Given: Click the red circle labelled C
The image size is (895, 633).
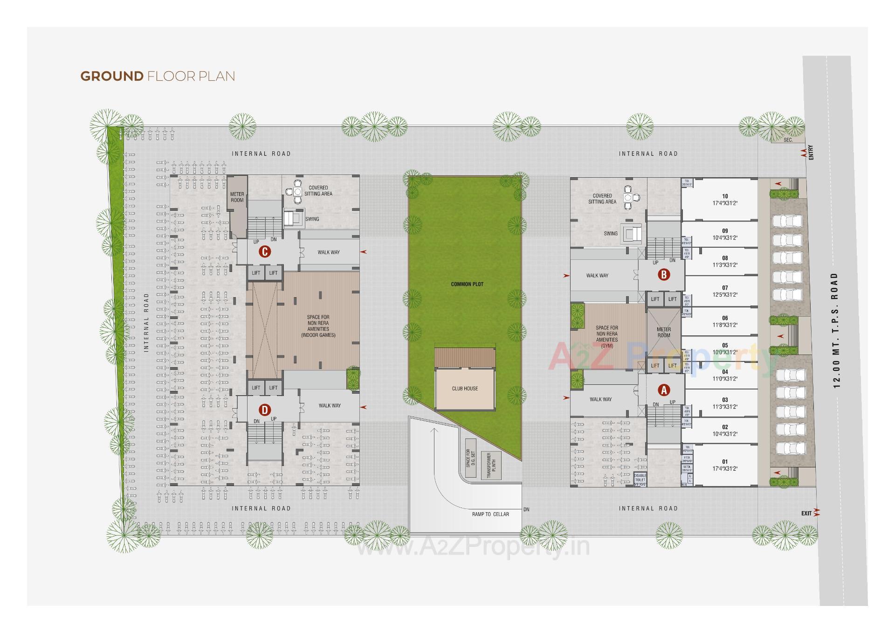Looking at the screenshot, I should [x=264, y=252].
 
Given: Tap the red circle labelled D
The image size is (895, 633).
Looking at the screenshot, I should [x=264, y=410].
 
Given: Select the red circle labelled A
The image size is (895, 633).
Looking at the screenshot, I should [x=663, y=390].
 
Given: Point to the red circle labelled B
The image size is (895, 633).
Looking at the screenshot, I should [x=663, y=275].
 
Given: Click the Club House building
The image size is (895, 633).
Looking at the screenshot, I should [x=465, y=388].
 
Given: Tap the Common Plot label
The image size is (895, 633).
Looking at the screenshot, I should [x=467, y=284].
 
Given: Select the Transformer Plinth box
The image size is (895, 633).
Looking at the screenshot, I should [x=491, y=465].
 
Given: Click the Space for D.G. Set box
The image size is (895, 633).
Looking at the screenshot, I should [x=470, y=458].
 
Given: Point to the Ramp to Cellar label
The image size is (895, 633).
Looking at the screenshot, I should [x=490, y=514].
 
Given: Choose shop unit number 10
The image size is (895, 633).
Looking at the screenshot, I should [x=724, y=200].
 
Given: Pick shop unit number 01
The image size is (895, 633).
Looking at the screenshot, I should [x=724, y=465].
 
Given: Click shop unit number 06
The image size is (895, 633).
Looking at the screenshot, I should [x=724, y=321].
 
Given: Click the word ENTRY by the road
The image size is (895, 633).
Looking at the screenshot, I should [x=811, y=153].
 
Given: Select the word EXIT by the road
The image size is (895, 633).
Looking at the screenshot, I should [x=806, y=513].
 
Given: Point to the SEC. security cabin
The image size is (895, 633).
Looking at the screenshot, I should [x=788, y=140].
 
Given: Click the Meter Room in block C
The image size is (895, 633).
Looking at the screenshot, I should [x=237, y=197].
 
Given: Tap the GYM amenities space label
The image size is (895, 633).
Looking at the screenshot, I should [x=607, y=337].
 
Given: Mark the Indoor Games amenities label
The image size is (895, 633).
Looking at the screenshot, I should [x=318, y=326].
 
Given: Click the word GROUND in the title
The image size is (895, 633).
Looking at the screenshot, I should [x=112, y=76].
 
